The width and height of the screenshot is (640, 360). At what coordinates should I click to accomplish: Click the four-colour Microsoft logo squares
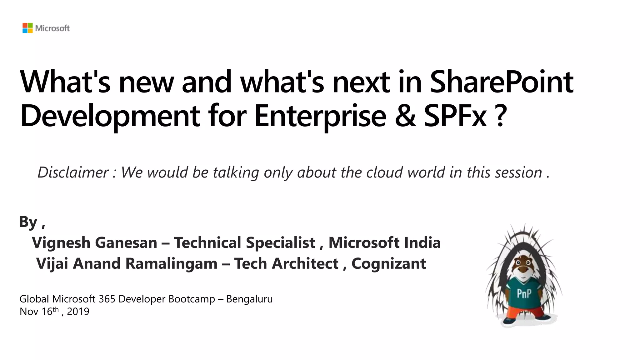[x=27, y=28]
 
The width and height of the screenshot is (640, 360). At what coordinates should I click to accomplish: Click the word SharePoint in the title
[x=502, y=82]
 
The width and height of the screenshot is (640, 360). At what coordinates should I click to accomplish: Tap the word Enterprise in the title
[x=320, y=116]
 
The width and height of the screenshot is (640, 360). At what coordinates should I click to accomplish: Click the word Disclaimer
[x=73, y=172]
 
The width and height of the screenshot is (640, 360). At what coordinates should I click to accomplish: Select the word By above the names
[x=28, y=222]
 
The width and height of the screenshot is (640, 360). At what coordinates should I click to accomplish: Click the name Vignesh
[x=61, y=243]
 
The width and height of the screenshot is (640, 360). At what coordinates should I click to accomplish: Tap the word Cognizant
[x=388, y=264]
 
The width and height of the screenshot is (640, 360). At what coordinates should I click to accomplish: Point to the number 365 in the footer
[x=107, y=299]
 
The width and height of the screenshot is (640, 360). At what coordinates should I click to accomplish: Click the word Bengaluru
[x=249, y=299]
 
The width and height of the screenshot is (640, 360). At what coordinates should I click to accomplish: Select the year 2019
[x=78, y=312]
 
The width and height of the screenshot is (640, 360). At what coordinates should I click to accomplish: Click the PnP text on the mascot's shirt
[x=524, y=294]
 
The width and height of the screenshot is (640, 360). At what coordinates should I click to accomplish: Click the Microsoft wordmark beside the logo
[x=52, y=28]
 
